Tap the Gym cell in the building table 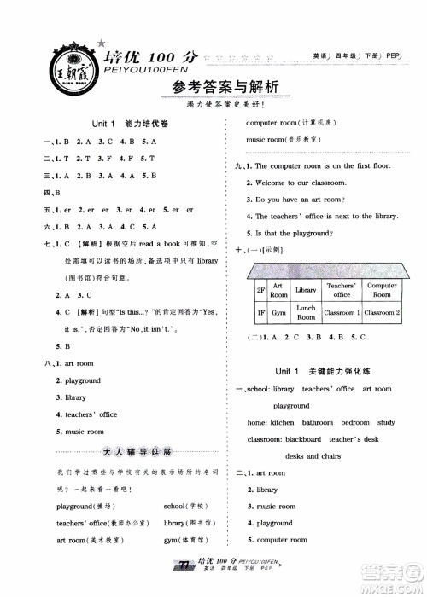click(278, 313)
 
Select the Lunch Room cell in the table click(306, 313)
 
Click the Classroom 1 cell click(341, 313)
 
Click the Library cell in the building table click(306, 290)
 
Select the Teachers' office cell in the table click(341, 290)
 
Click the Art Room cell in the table click(278, 290)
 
